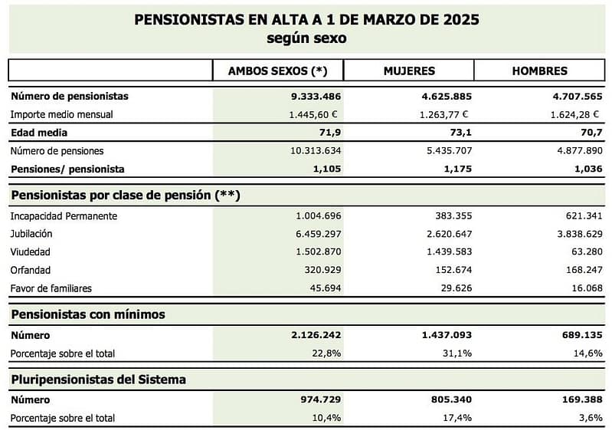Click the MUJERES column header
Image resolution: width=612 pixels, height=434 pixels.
[x=408, y=71]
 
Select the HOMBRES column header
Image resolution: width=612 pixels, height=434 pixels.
[x=539, y=71]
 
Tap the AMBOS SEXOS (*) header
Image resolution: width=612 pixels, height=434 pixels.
[x=277, y=71]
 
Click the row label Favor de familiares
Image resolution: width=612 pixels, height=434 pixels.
[x=51, y=288]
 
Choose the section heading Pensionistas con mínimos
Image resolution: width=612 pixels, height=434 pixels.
[x=87, y=314]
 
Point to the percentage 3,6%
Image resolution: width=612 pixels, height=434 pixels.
[x=591, y=417]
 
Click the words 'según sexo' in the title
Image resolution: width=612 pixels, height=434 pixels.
[x=306, y=38]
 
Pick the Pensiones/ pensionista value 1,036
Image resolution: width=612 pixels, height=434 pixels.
[x=587, y=169]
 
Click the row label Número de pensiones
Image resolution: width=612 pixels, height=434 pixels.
[x=57, y=151]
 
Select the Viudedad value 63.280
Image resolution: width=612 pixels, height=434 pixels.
[x=584, y=252]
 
